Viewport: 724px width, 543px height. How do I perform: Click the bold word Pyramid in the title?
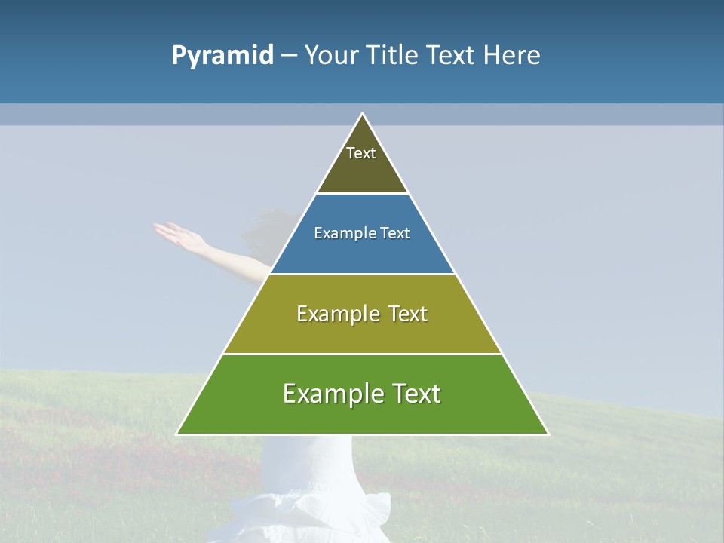[x=222, y=56]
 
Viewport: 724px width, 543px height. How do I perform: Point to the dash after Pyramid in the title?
[x=289, y=56]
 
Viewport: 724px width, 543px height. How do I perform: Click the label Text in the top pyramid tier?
[x=361, y=153]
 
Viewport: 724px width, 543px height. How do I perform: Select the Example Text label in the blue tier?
[x=362, y=233]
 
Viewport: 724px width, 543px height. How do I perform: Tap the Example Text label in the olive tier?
[x=362, y=314]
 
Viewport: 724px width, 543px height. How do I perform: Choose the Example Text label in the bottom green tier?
[x=362, y=394]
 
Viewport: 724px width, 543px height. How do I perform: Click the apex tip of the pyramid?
[x=363, y=115]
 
